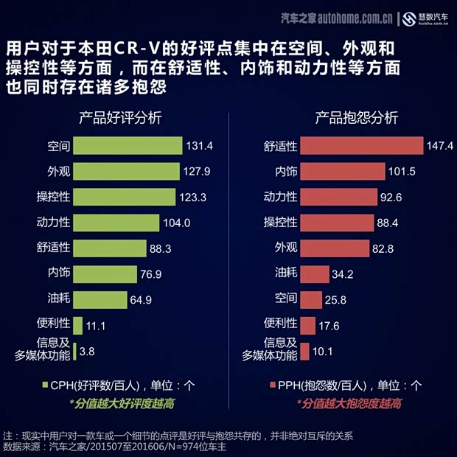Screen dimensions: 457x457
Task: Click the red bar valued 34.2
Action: (x=315, y=274)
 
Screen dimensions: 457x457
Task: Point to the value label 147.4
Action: (x=439, y=146)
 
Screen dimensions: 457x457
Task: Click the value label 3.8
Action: (x=87, y=352)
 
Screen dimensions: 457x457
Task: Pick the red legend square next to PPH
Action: (x=271, y=384)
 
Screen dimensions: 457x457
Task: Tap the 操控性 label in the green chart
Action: (x=53, y=198)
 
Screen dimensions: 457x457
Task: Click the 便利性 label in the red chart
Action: (x=280, y=323)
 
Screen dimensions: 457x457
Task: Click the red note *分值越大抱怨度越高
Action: (x=349, y=403)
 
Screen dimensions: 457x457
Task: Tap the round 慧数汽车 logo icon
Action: (x=409, y=18)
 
